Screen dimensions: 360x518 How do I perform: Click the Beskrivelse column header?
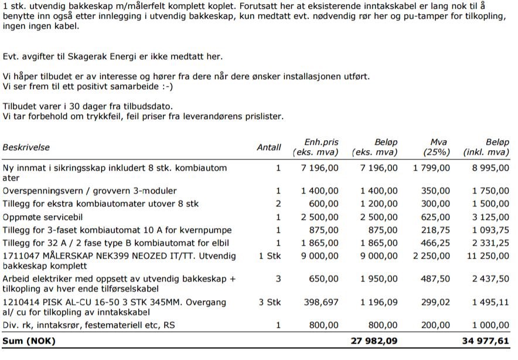[x=26, y=148]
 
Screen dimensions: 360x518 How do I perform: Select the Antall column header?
[x=269, y=148]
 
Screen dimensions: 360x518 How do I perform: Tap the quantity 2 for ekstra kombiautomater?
[x=278, y=204]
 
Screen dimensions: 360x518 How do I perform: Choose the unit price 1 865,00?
[x=320, y=243]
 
